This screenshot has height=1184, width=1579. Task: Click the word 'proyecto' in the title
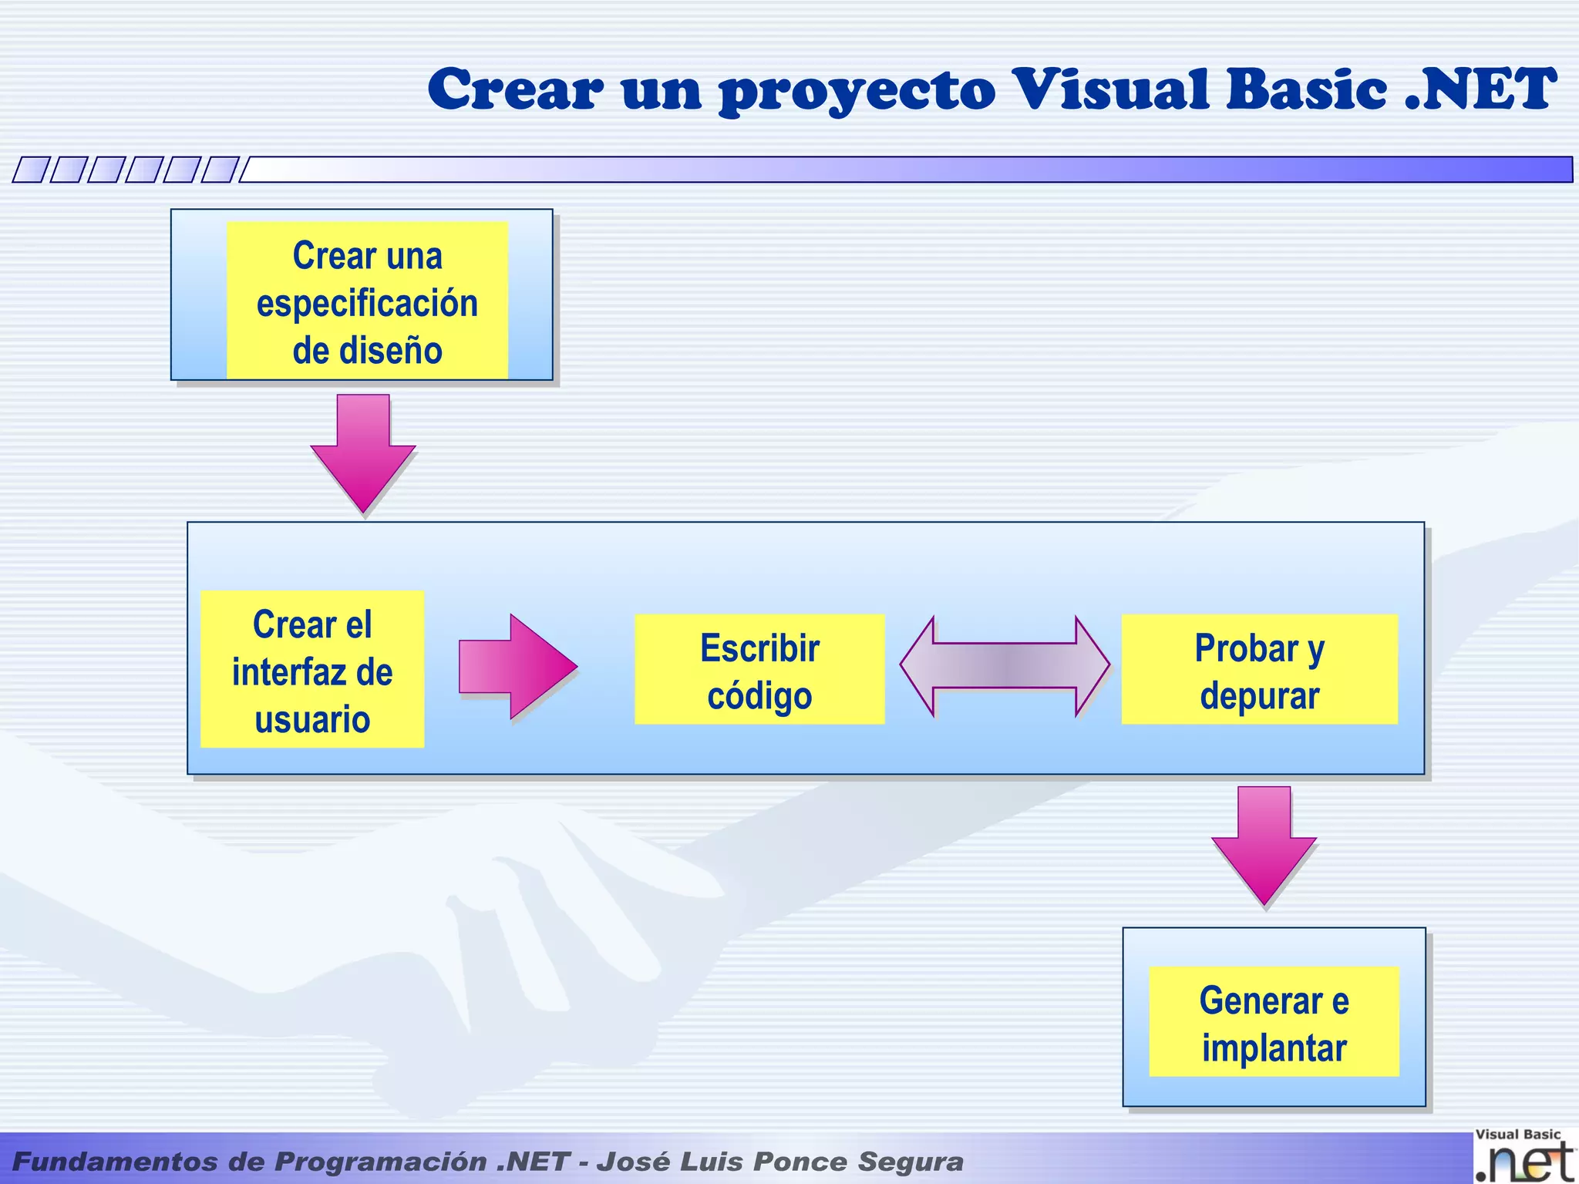click(857, 91)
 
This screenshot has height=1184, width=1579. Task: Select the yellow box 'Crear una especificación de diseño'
click(367, 301)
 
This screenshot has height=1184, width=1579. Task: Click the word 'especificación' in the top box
click(367, 303)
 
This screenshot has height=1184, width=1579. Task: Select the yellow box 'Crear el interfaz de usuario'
click(312, 669)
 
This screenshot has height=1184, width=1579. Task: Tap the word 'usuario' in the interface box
click(312, 719)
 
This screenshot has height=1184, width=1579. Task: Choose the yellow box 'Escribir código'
click(759, 669)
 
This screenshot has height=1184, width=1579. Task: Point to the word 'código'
click(759, 696)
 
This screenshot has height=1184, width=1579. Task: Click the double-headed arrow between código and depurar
click(1005, 666)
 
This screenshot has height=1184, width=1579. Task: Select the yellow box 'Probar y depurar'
click(1259, 669)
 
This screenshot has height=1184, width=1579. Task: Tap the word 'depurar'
click(1259, 696)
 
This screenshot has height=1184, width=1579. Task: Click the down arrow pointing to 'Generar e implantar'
click(1264, 845)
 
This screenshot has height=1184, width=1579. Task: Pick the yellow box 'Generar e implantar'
click(1274, 1021)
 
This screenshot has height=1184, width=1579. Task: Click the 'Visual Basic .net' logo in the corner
click(1523, 1156)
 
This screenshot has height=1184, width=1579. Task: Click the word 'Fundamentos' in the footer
click(115, 1162)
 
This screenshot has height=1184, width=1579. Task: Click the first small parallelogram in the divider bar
click(31, 170)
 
